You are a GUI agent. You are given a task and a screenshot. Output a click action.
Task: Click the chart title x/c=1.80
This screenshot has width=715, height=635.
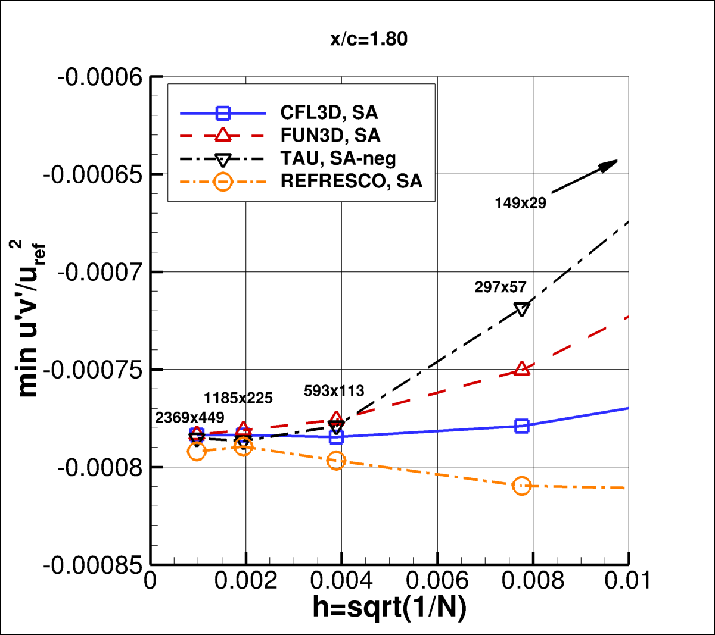pyautogui.click(x=369, y=39)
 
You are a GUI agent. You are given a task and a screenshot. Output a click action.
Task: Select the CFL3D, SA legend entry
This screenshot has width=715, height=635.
pyautogui.click(x=329, y=112)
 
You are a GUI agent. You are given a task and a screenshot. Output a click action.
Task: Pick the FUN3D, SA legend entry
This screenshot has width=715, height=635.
pyautogui.click(x=330, y=135)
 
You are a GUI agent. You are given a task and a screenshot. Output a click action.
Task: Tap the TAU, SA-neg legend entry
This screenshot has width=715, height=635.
pyautogui.click(x=338, y=158)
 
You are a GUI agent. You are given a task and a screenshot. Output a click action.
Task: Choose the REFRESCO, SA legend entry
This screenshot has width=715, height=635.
pyautogui.click(x=351, y=181)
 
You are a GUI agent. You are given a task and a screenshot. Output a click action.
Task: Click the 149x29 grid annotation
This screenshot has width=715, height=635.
pyautogui.click(x=520, y=203)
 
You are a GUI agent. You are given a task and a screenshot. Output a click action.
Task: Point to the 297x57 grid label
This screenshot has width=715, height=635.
pyautogui.click(x=500, y=287)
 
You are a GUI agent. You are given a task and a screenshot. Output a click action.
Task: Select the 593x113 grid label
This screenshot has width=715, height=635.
pyautogui.click(x=334, y=391)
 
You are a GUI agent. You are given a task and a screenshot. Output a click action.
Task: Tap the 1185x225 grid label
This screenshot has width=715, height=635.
pyautogui.click(x=238, y=398)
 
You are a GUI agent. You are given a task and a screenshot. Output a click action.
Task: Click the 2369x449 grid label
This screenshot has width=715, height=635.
pyautogui.click(x=189, y=418)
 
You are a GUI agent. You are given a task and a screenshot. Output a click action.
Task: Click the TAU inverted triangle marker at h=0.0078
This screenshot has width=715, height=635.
pyautogui.click(x=522, y=309)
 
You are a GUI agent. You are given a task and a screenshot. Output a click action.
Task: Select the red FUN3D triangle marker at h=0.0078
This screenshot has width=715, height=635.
pyautogui.click(x=522, y=369)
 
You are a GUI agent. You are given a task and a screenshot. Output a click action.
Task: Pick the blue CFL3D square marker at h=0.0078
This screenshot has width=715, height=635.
pyautogui.click(x=522, y=426)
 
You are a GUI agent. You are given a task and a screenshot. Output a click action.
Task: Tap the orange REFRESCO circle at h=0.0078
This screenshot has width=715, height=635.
pyautogui.click(x=522, y=486)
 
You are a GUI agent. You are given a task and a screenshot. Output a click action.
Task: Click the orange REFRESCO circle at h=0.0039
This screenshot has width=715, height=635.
pyautogui.click(x=337, y=460)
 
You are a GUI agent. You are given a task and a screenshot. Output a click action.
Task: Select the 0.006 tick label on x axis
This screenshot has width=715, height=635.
pyautogui.click(x=437, y=581)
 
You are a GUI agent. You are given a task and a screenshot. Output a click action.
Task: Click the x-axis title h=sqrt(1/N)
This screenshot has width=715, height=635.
pyautogui.click(x=389, y=607)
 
